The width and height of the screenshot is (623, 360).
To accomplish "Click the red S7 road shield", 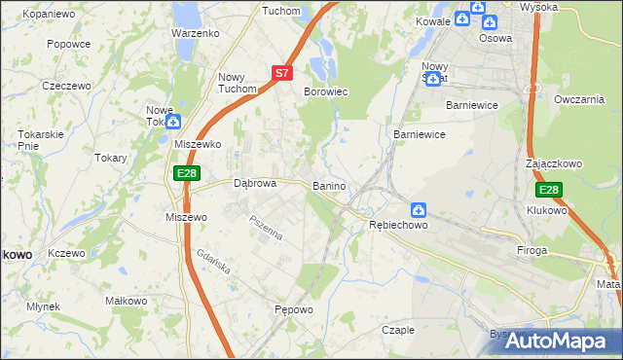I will coord(281,72).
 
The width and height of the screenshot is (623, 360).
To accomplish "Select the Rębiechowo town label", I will coord(398,225).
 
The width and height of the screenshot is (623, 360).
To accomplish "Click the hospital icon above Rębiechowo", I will coord(418,208).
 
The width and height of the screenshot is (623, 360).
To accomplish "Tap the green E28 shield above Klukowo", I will coord(549,190).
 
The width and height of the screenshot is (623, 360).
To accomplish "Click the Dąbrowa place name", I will coord(256,183).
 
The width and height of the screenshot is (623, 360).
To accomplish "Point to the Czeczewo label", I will coord(66,86).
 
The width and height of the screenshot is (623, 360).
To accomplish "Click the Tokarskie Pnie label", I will coord(41,139).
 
